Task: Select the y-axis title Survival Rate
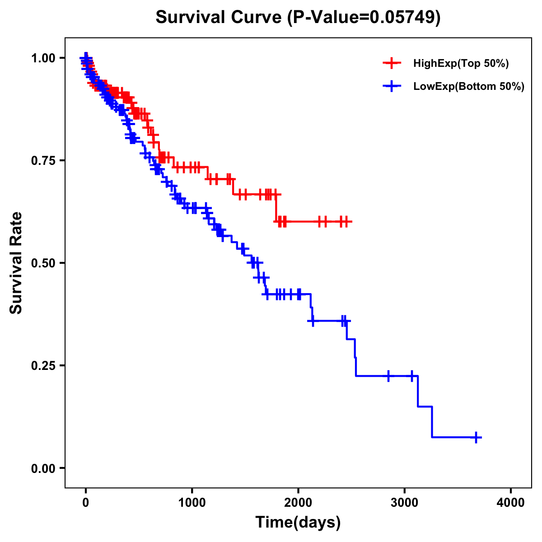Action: (x=16, y=263)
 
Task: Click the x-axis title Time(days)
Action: (x=298, y=523)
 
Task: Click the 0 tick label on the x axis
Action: (x=86, y=503)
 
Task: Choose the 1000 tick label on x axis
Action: (x=192, y=503)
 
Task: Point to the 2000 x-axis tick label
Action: (x=298, y=503)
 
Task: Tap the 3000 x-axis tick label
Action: (x=405, y=503)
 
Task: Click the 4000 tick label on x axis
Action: (x=511, y=503)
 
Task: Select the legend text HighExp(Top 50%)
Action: (x=461, y=64)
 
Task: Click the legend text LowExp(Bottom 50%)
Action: (x=469, y=87)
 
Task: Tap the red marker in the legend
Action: (x=392, y=64)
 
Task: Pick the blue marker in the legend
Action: (x=392, y=87)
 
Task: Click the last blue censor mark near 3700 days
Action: (x=476, y=437)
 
